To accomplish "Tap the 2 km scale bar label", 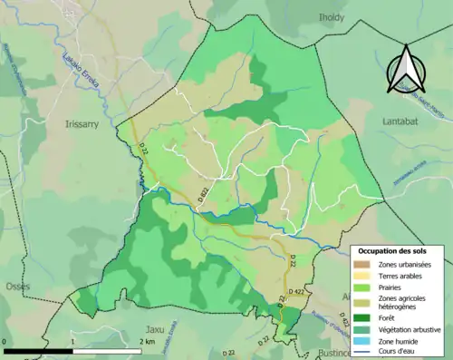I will point(146,340).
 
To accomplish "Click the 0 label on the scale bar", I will point(5,340).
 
